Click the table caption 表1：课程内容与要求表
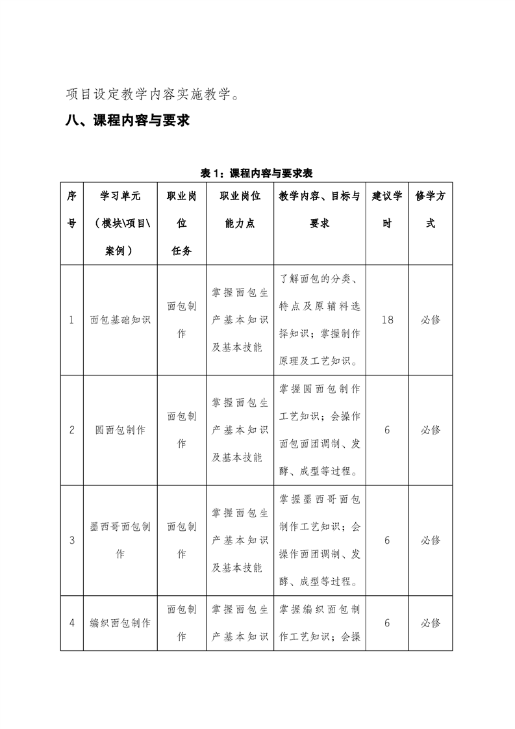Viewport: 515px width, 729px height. [x=257, y=173]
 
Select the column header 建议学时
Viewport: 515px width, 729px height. [x=387, y=209]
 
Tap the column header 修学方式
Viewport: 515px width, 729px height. [x=430, y=209]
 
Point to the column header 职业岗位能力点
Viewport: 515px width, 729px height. [x=240, y=209]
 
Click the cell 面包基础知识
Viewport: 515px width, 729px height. [x=120, y=320]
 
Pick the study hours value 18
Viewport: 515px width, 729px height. [x=387, y=320]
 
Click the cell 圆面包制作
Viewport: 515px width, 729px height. [x=120, y=430]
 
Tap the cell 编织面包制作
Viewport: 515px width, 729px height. [x=120, y=622]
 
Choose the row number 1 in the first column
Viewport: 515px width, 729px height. [x=71, y=320]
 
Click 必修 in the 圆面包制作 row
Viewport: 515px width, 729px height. [x=430, y=430]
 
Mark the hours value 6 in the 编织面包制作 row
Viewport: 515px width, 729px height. [x=387, y=622]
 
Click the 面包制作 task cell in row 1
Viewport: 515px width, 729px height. [x=181, y=320]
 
